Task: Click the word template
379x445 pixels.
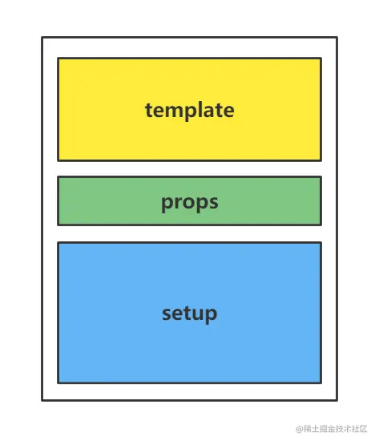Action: click(189, 111)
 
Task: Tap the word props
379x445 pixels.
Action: click(189, 202)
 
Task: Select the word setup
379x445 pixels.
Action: click(189, 314)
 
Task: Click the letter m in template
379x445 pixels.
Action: click(172, 111)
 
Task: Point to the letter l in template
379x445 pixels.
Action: click(197, 109)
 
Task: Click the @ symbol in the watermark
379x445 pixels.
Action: click(300, 429)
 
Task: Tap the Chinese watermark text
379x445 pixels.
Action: click(335, 429)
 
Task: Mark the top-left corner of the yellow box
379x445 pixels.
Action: click(58, 59)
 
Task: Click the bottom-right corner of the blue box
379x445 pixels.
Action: click(321, 382)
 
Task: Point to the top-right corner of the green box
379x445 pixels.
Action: click(321, 177)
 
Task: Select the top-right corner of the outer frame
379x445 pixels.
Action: click(337, 37)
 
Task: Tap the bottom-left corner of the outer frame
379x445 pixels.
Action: click(42, 400)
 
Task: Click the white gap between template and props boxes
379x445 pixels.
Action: click(189, 168)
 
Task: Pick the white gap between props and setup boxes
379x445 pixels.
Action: click(189, 234)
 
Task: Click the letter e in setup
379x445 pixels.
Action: click(177, 314)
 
